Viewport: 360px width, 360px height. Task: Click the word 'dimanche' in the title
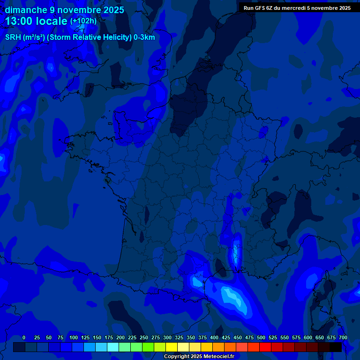coord(25,10)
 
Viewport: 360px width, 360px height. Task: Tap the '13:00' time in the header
coord(20,22)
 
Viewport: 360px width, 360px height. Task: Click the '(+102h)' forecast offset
coord(83,21)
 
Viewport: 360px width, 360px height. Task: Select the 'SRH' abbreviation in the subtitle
coord(14,37)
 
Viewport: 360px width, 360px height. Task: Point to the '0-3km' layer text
coord(144,37)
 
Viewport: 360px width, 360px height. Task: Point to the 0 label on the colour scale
coord(24,337)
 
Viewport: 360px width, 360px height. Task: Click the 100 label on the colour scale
coord(74,337)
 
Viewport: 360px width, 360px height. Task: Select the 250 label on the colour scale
coord(144,337)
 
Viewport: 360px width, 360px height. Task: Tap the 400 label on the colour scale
coord(214,337)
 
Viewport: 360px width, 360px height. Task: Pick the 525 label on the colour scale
coord(273,337)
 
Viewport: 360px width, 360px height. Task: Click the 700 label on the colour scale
coord(343,337)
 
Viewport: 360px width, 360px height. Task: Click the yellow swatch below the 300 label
coord(172,347)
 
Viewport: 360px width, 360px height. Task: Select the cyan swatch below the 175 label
coord(113,347)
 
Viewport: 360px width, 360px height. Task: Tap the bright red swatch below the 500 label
coord(265,347)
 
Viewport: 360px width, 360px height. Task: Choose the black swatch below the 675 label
coord(336,347)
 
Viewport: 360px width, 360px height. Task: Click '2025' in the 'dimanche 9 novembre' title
coord(114,10)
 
